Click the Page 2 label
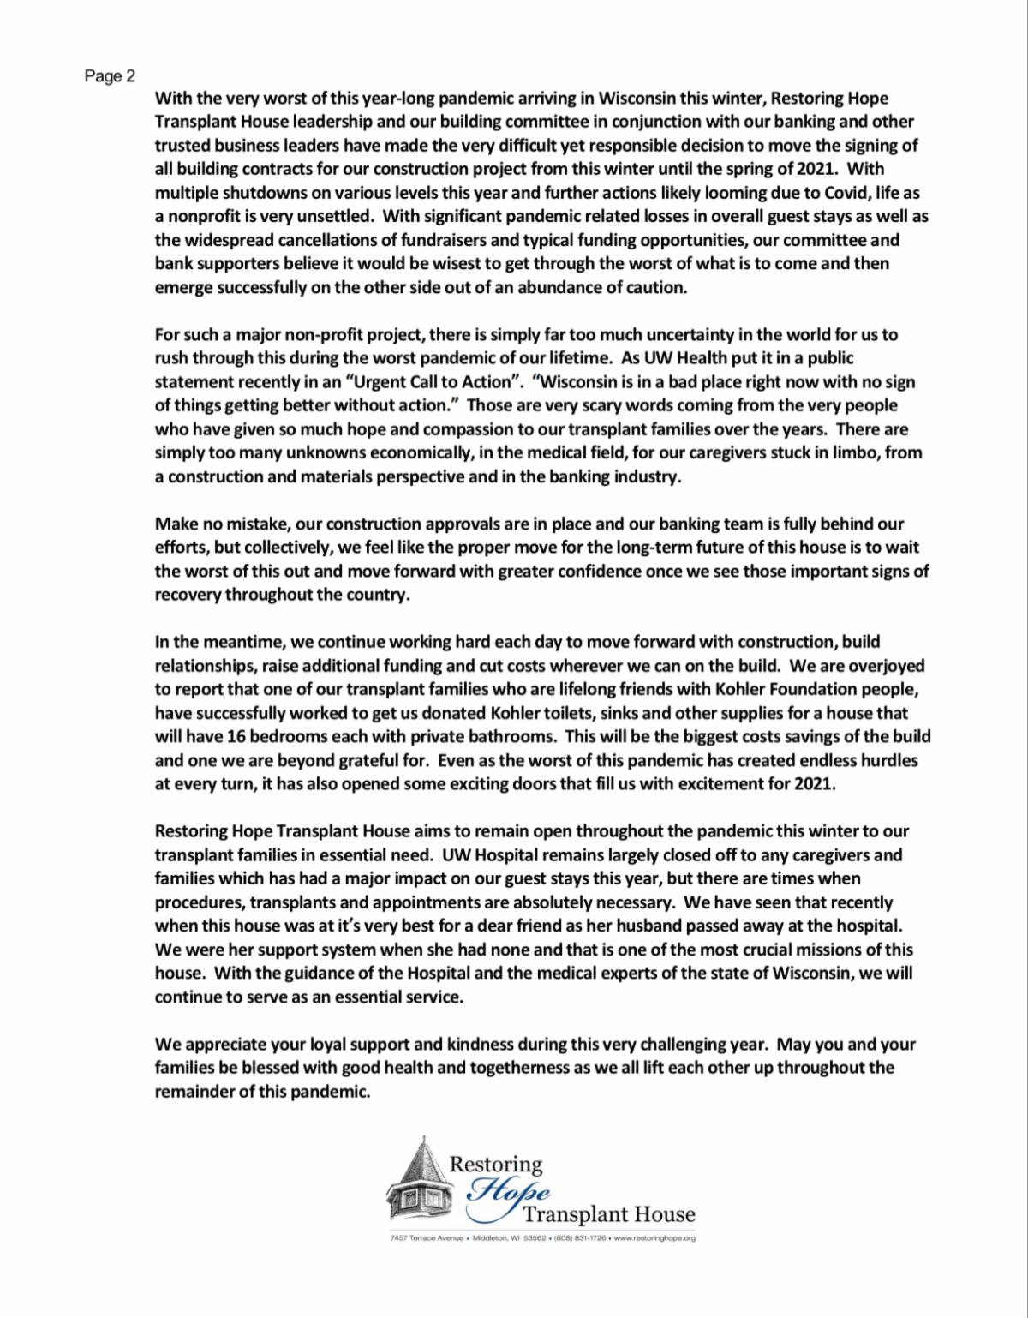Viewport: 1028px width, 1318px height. (110, 76)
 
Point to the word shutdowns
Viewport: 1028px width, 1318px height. (253, 194)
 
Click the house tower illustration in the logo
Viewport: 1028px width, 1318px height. (416, 1183)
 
